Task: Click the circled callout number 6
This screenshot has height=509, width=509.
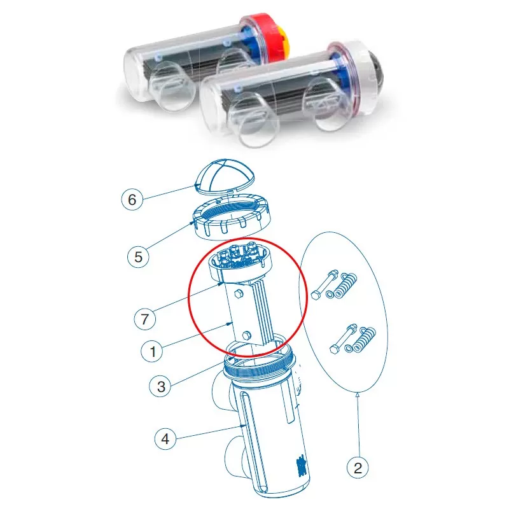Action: [x=132, y=199]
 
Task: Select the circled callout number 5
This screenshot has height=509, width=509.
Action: [x=138, y=257]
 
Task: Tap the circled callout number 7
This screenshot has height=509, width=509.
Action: [x=145, y=319]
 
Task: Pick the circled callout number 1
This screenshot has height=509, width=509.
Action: [x=152, y=352]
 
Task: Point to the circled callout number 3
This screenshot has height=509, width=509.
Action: [x=161, y=387]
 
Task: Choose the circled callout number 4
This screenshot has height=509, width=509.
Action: [x=165, y=439]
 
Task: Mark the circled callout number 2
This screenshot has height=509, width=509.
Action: [x=358, y=468]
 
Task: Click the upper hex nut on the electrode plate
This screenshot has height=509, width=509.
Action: [x=238, y=294]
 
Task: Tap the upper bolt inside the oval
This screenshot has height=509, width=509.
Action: [x=324, y=284]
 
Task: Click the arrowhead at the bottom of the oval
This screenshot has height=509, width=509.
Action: [x=358, y=395]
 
